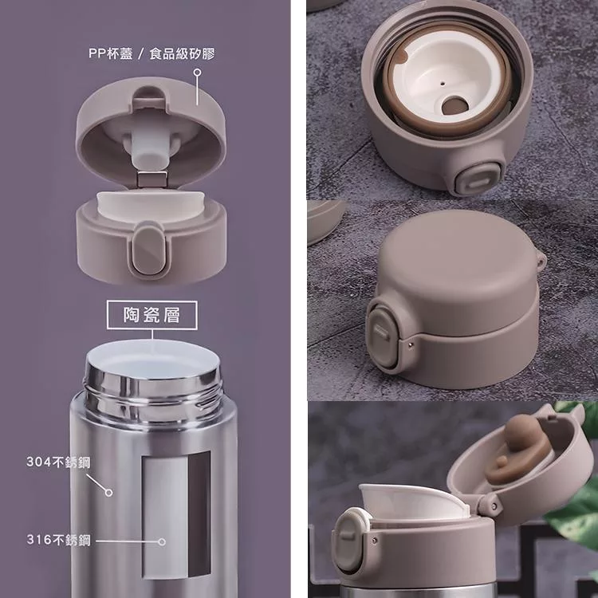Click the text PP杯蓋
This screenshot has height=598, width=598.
point(111,53)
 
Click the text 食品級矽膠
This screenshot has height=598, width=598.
point(183,53)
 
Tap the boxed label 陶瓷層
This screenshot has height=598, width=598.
point(151,315)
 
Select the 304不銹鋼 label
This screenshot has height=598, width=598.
point(59,462)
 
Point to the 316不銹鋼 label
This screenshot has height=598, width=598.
point(59,540)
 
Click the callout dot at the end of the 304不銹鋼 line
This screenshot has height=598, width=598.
point(109,493)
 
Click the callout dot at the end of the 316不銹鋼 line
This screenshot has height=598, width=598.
point(162,541)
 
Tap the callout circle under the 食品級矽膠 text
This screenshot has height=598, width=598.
point(197,73)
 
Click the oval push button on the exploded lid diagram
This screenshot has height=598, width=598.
point(149,250)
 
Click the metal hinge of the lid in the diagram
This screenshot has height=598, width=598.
point(152,179)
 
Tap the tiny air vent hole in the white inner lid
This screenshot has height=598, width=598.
point(442,81)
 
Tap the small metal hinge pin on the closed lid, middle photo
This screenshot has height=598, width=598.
point(410,344)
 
